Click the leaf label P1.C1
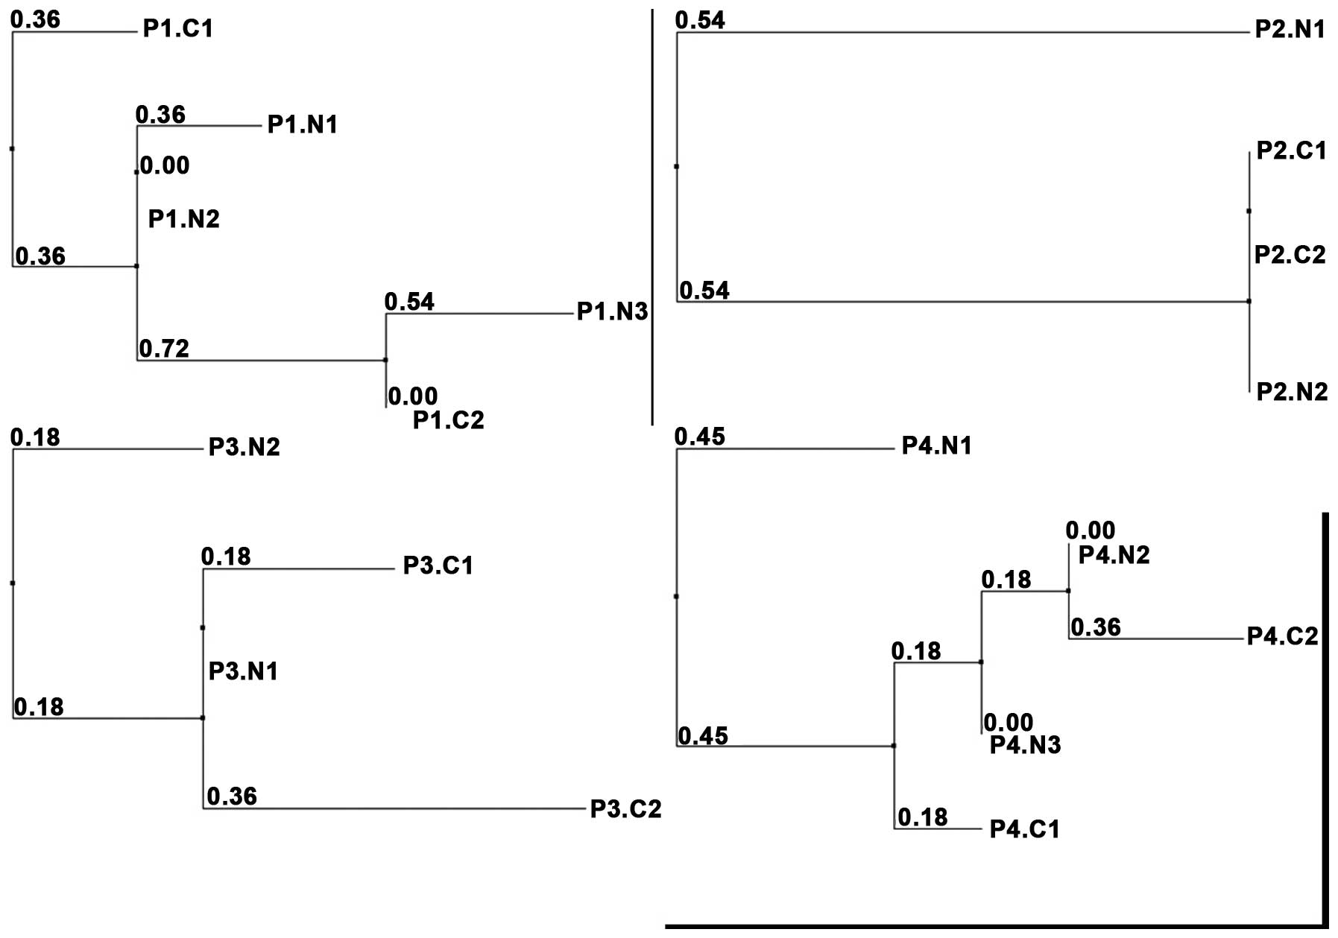click(x=178, y=29)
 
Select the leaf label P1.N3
click(x=612, y=311)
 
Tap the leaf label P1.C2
click(x=448, y=420)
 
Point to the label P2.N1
click(x=1290, y=29)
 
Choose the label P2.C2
click(x=1290, y=255)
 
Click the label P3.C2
click(x=625, y=809)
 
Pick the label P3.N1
click(x=243, y=671)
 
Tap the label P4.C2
click(x=1283, y=636)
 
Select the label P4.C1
click(x=1024, y=829)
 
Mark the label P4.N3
click(x=1025, y=745)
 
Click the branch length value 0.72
click(x=164, y=348)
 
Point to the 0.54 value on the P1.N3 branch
click(x=409, y=302)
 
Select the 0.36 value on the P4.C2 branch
click(x=1096, y=627)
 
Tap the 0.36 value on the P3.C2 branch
click(x=232, y=796)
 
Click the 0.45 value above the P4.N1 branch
click(x=699, y=437)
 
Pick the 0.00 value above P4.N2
click(x=1090, y=530)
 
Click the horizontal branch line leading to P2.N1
click(x=962, y=33)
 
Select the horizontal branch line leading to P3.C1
click(x=298, y=569)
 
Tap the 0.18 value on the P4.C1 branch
click(x=922, y=817)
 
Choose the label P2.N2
click(x=1292, y=392)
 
